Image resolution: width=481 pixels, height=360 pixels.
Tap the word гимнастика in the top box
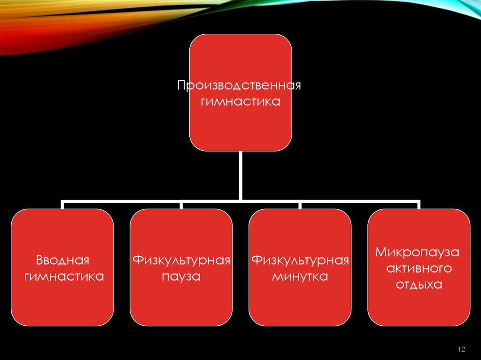tap(240, 101)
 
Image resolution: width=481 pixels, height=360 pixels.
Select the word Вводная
tap(62, 260)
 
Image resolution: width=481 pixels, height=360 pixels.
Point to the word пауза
tap(181, 276)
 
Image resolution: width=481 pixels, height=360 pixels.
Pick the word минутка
tap(300, 276)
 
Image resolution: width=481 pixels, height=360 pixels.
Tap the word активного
tap(419, 268)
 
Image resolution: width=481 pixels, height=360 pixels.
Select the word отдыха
tap(419, 284)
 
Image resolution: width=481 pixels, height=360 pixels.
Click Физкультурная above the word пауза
tap(181, 260)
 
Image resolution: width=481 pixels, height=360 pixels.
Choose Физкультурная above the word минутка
tap(300, 260)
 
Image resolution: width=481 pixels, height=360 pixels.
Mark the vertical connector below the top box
tap(240, 175)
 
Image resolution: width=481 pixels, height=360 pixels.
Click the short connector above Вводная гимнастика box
tap(62, 205)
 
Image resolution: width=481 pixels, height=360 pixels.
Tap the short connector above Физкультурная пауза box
tap(181, 205)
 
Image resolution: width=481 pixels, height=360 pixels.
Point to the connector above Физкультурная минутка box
tap(300, 205)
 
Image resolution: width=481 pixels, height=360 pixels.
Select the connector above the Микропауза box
tap(419, 205)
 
